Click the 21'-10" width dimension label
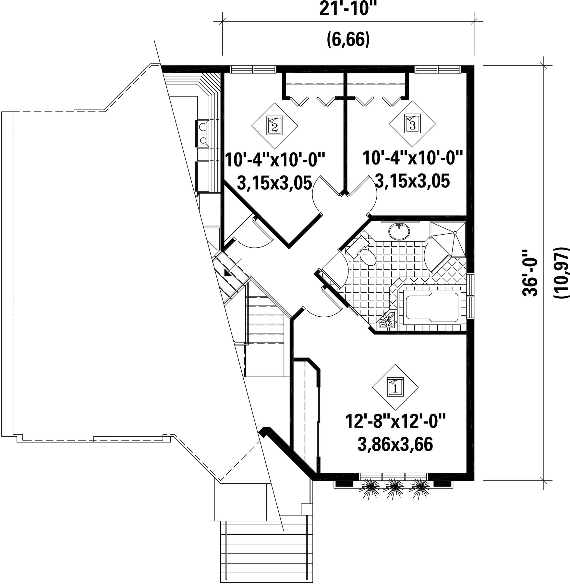349,8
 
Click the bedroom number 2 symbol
274,125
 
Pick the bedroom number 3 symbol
412,124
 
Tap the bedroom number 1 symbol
395,387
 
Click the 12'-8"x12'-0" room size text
395,421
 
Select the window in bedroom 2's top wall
253,69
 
